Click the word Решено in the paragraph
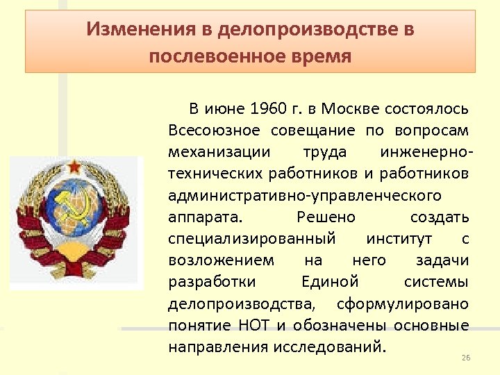pos(326,217)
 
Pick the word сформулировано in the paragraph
pos(403,303)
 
